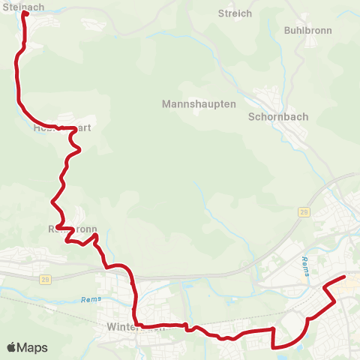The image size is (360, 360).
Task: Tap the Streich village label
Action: pos(235,13)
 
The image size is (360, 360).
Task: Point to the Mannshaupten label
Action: pos(199,104)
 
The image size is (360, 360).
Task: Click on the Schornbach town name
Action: pos(278,117)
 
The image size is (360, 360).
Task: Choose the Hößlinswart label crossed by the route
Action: pos(62,128)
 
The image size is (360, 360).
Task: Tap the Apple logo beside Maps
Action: pos(11,347)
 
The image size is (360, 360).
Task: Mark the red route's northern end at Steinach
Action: pos(25,13)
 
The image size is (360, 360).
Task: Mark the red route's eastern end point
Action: pos(343,278)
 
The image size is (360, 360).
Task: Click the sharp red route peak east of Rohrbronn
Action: pos(95,235)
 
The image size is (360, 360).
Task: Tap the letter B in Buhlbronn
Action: pos(287,30)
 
